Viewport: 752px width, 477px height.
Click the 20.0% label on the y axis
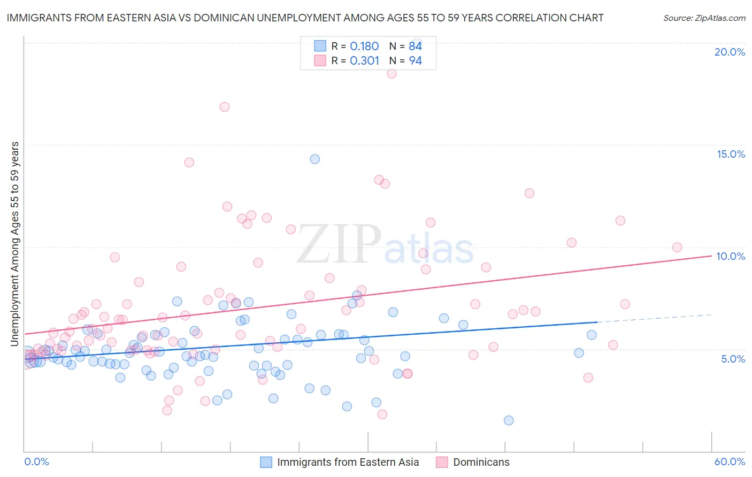[730, 52]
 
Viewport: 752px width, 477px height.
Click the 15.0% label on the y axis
[731, 154]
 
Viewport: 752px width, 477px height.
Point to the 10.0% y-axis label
[731, 256]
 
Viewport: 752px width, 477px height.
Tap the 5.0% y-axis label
[733, 359]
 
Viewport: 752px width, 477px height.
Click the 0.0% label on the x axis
[36, 461]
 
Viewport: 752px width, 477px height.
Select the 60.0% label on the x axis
[730, 461]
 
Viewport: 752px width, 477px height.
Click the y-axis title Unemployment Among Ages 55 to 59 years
[14, 244]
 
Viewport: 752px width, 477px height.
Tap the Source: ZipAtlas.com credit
[704, 18]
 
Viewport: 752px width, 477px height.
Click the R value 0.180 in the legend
[364, 47]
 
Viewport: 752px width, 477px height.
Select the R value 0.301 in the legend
[364, 60]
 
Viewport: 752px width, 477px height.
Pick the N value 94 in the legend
[416, 60]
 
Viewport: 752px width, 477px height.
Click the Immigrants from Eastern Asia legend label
[348, 462]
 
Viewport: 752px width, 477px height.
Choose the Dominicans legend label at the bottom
[481, 462]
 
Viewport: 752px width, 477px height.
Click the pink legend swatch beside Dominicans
[442, 462]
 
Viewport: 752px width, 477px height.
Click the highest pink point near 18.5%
[392, 73]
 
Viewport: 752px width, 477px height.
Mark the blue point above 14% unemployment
[315, 159]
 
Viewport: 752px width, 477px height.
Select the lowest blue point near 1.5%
[509, 420]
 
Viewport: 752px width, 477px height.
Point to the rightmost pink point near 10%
[677, 247]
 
